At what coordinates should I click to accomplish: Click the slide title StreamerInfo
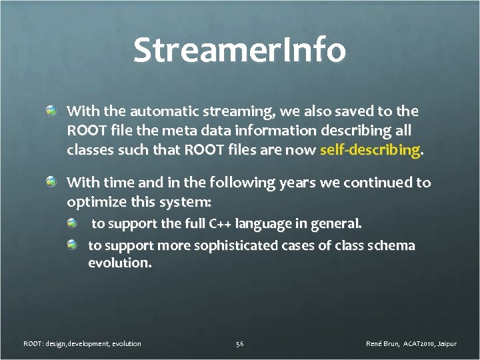click(x=239, y=51)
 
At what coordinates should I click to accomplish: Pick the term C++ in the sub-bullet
click(x=221, y=223)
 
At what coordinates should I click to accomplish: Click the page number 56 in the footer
click(x=239, y=344)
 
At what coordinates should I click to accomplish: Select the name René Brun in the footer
click(x=383, y=344)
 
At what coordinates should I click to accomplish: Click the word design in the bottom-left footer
click(x=57, y=344)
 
